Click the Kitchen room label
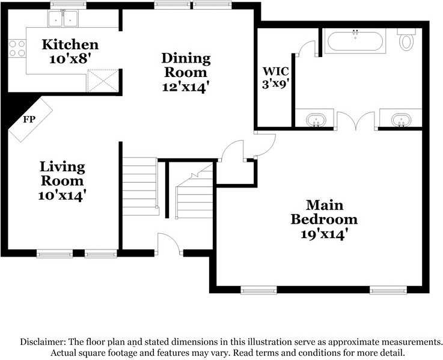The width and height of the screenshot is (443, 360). tap(70, 44)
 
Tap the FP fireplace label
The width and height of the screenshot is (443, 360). tap(28, 119)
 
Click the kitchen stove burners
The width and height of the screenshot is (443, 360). tap(17, 48)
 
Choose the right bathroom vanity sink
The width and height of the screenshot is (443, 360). tap(400, 120)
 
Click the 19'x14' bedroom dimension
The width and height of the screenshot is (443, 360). tap(324, 234)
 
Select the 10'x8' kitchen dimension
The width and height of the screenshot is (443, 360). tap(70, 59)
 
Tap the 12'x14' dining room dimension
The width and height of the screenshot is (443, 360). tap(186, 87)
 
